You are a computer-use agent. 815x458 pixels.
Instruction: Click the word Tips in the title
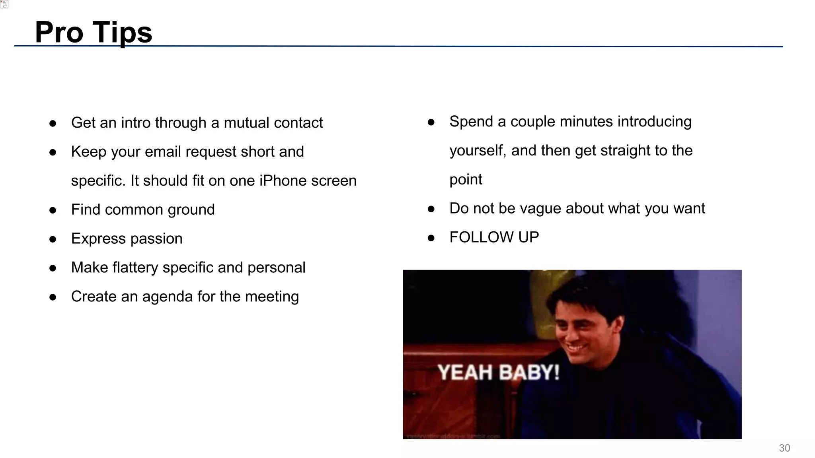[x=123, y=33]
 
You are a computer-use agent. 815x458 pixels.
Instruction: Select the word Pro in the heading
[x=59, y=33]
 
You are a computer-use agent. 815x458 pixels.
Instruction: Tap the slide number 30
[x=784, y=448]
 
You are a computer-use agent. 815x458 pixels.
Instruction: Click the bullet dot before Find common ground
[x=53, y=210]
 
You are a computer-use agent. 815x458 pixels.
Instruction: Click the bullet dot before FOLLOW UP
[x=431, y=238]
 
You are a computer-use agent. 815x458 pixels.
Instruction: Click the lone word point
[x=466, y=180]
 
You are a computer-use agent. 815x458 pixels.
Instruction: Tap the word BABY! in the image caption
[x=529, y=373]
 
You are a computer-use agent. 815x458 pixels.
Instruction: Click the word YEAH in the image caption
[x=465, y=373]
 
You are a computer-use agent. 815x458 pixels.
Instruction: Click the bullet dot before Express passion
[x=53, y=239]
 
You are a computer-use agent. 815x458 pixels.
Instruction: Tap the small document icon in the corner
[x=4, y=4]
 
